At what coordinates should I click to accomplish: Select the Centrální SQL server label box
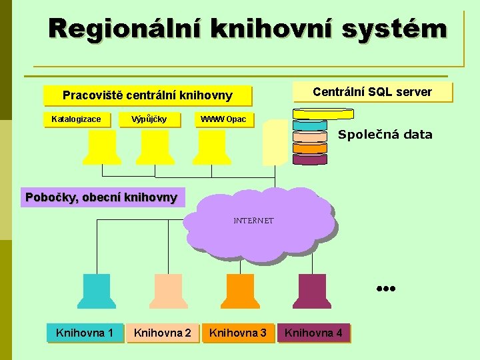(372, 92)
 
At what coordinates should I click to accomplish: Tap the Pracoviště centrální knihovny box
(147, 95)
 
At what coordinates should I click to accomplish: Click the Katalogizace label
(77, 119)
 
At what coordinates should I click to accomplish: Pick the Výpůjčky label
(149, 119)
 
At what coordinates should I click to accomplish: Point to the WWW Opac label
(223, 119)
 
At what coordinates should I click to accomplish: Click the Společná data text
(385, 135)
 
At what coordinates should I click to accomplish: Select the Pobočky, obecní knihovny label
(101, 197)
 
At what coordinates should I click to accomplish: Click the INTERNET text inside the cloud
(253, 221)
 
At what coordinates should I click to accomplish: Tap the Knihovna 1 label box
(85, 332)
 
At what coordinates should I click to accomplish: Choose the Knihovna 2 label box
(162, 332)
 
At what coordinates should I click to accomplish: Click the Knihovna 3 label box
(238, 332)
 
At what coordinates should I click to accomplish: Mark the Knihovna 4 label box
(313, 332)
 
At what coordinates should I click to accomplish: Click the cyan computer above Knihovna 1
(97, 291)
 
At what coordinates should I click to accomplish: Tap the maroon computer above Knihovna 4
(312, 291)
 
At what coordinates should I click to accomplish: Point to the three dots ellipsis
(385, 289)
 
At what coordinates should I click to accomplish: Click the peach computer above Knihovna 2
(166, 291)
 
